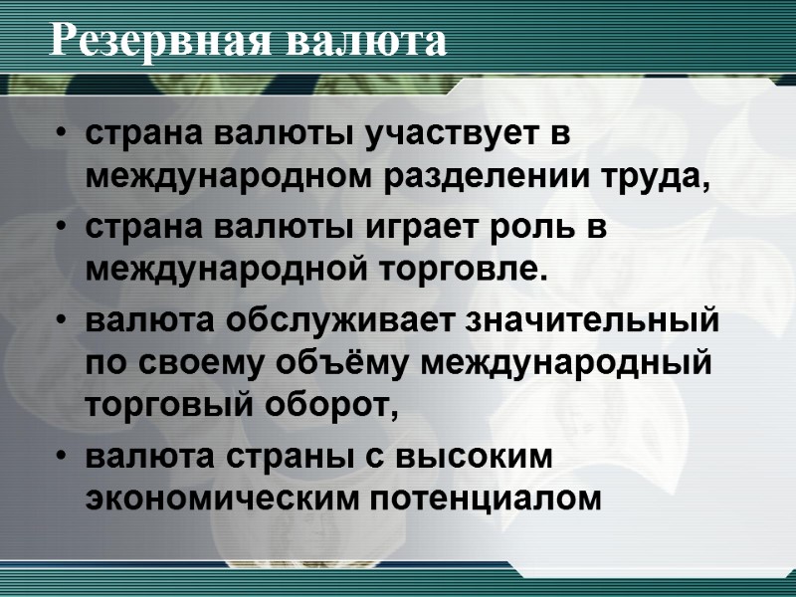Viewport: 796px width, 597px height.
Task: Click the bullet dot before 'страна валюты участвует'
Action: pos(63,135)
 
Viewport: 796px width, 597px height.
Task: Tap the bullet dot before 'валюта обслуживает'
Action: pos(63,321)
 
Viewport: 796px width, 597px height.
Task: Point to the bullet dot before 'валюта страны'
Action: pos(63,457)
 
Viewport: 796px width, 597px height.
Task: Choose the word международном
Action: pos(227,178)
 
